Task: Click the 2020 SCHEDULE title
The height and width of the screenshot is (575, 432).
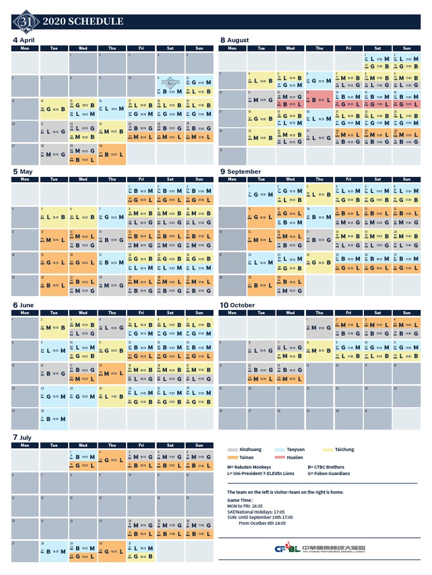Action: [x=83, y=22]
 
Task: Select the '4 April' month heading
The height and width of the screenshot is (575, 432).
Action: [x=24, y=40]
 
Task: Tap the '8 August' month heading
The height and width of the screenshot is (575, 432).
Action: [x=235, y=40]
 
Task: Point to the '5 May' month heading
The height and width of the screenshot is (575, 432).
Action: [x=22, y=172]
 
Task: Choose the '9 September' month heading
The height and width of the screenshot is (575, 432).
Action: [x=240, y=172]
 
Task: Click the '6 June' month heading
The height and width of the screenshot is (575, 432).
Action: [x=23, y=305]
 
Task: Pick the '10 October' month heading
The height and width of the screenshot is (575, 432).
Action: [x=237, y=305]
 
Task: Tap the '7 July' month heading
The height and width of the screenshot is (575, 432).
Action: [x=22, y=437]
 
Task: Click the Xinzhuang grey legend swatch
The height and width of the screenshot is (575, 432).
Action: [x=232, y=450]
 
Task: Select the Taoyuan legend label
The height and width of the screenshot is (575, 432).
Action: [x=296, y=450]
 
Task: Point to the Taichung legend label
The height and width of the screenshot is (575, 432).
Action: [x=344, y=450]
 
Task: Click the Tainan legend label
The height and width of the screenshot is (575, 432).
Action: [x=246, y=458]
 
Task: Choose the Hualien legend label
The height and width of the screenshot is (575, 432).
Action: [x=295, y=458]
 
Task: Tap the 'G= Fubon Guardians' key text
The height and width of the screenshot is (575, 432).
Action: [x=328, y=473]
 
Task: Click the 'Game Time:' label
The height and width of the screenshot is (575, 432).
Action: [x=240, y=499]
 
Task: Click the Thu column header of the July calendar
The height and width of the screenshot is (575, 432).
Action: [x=112, y=445]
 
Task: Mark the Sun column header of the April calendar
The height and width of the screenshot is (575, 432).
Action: [x=199, y=48]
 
